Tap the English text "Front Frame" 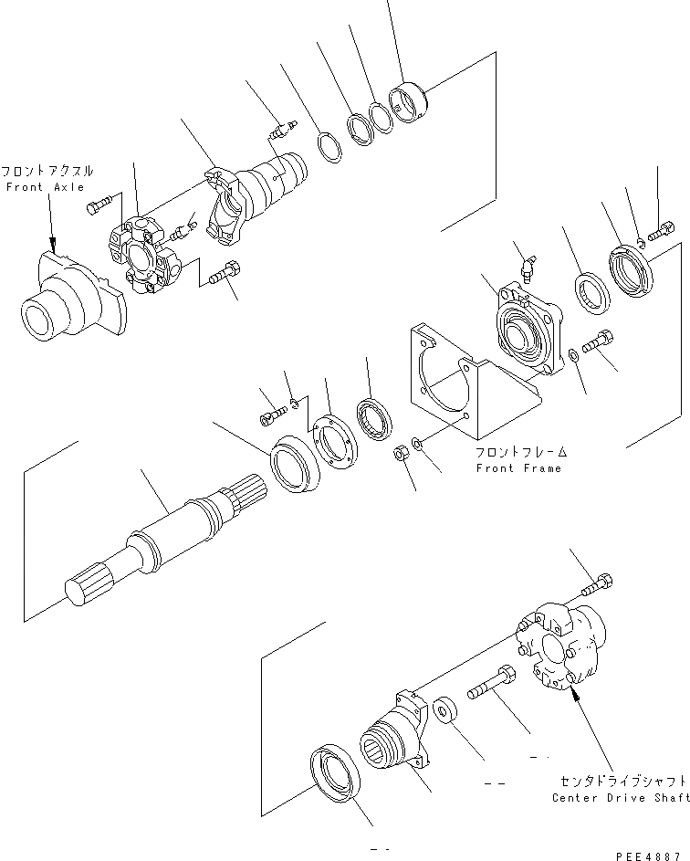pyautogui.click(x=518, y=468)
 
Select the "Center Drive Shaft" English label pyautogui.click(x=621, y=798)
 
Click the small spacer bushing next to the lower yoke pyautogui.click(x=446, y=709)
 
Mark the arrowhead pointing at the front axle pyautogui.click(x=54, y=246)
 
